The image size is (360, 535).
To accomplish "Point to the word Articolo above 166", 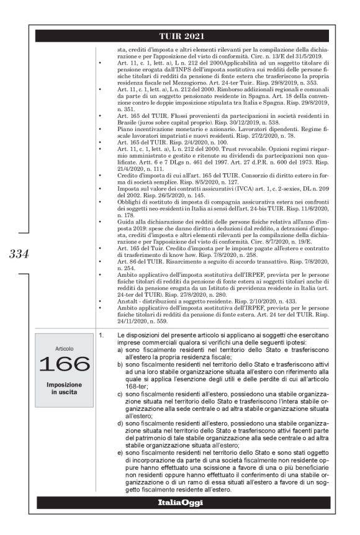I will point(63,349).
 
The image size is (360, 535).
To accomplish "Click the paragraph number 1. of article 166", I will point(102,335).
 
